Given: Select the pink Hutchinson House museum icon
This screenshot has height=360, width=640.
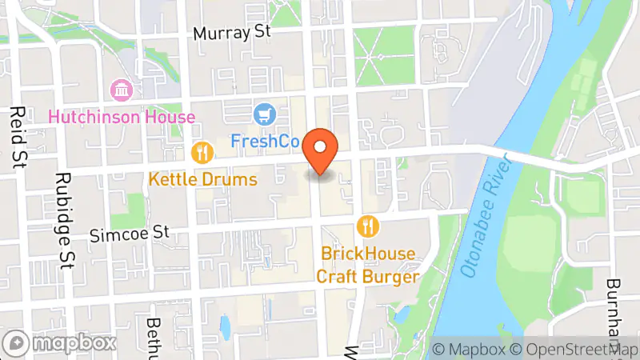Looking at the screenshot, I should (122, 90).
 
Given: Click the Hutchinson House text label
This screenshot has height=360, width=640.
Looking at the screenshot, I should (122, 117).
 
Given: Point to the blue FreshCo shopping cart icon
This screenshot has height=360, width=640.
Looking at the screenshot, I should (263, 115).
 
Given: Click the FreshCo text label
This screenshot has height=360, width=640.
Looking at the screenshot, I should (265, 142).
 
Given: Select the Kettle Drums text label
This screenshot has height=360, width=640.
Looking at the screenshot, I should (202, 178).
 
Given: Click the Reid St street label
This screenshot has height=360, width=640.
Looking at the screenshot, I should (15, 137).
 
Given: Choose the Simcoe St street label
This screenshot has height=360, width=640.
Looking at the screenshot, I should (130, 233).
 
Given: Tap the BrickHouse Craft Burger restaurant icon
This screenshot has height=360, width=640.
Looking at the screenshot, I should (368, 226).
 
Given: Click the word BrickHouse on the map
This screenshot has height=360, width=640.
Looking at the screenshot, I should (368, 254).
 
